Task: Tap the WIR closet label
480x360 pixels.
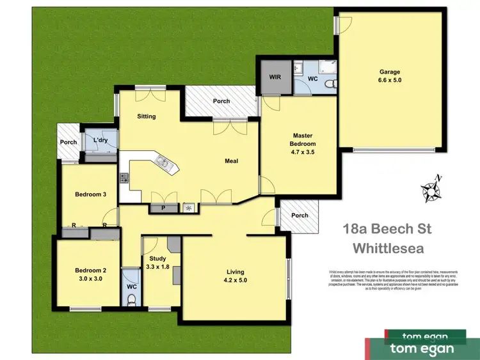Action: tap(275, 77)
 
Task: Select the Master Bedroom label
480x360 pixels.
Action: tap(303, 144)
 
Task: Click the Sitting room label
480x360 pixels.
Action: tap(147, 116)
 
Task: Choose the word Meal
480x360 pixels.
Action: tap(231, 161)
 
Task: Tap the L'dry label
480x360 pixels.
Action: tap(99, 141)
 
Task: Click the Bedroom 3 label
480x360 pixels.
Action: tap(90, 194)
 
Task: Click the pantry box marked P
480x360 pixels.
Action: tap(163, 208)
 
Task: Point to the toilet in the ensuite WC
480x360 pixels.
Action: tap(329, 84)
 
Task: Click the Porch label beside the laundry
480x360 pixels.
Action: tap(68, 142)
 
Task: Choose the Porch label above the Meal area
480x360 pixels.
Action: tap(222, 101)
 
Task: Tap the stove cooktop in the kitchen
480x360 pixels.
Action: tap(124, 178)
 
